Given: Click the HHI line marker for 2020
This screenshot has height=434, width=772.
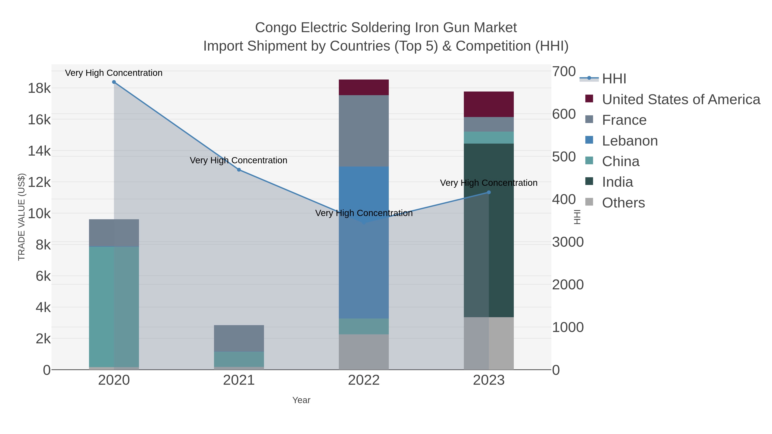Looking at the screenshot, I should coord(114,82).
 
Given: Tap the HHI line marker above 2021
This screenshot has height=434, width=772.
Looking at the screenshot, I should coord(239,170).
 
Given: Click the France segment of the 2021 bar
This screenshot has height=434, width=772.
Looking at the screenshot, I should coord(239,338).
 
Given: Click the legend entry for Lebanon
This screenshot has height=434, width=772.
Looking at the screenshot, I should coord(629,141).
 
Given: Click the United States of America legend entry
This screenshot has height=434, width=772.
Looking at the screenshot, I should coord(680,99).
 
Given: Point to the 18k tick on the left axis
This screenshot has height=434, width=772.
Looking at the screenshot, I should coord(39,88).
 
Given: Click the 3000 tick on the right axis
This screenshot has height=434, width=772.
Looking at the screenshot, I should coord(568,242).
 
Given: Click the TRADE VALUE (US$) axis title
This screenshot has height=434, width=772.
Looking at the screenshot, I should coord(22,217).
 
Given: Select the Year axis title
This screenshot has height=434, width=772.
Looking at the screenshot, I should coord(301,400).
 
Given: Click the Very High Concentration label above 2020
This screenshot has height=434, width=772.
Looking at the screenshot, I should coord(114,73).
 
